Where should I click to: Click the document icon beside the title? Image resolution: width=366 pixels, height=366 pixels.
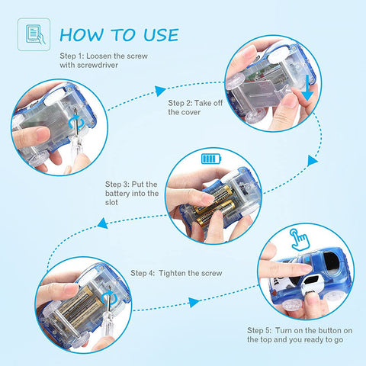tap(34, 34)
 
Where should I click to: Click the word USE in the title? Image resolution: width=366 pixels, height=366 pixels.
tap(161, 35)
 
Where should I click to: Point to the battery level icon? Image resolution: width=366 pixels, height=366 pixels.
tap(211, 159)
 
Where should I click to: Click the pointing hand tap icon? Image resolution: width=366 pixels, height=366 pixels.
tap(300, 239)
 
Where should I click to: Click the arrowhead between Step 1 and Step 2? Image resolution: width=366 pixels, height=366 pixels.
tap(160, 91)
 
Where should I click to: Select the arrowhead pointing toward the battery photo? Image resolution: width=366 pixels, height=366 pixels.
tap(312, 161)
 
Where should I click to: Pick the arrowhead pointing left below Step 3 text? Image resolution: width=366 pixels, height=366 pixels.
tap(103, 223)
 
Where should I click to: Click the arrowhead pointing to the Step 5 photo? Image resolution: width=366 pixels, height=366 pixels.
tap(194, 302)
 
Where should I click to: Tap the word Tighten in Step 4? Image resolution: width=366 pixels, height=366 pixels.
tap(172, 273)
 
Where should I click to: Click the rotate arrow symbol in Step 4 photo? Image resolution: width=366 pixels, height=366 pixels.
tap(109, 298)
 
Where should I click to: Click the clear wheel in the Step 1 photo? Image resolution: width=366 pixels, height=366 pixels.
tap(38, 159)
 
